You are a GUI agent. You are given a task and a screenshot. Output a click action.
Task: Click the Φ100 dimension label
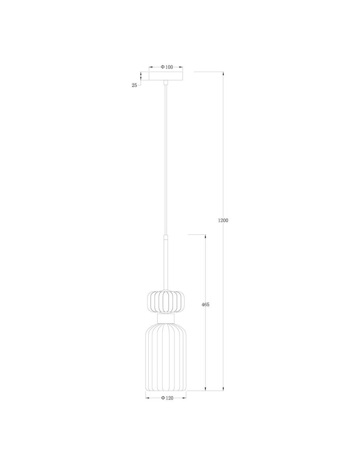coord(167,67)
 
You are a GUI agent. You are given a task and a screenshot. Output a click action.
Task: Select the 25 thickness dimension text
coord(134,85)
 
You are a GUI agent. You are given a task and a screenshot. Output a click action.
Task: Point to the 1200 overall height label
coord(223,220)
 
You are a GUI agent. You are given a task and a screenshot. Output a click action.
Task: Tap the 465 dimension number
coord(205,305)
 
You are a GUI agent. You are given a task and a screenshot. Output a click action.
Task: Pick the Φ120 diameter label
coord(167,398)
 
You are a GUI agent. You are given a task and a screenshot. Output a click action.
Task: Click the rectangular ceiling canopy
coord(166,76)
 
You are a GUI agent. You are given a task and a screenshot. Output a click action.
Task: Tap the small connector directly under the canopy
coord(166,83)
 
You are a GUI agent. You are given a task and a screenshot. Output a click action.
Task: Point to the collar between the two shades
coord(166,318)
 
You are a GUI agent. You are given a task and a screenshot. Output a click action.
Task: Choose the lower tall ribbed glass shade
coord(166,356)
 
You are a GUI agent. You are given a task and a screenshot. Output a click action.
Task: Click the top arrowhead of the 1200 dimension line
coord(224,73)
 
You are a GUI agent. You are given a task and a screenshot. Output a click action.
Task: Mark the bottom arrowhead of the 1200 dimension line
coord(224,388)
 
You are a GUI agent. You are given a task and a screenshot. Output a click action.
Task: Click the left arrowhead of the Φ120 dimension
coord(147,398)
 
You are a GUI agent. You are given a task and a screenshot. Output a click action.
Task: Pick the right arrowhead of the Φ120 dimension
coord(185,398)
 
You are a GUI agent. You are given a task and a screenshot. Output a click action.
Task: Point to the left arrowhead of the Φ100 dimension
coord(150,67)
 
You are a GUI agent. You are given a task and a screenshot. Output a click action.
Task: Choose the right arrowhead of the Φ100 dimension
coord(182,67)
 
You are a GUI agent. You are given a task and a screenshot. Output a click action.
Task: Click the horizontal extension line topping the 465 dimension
coord(196,234)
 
